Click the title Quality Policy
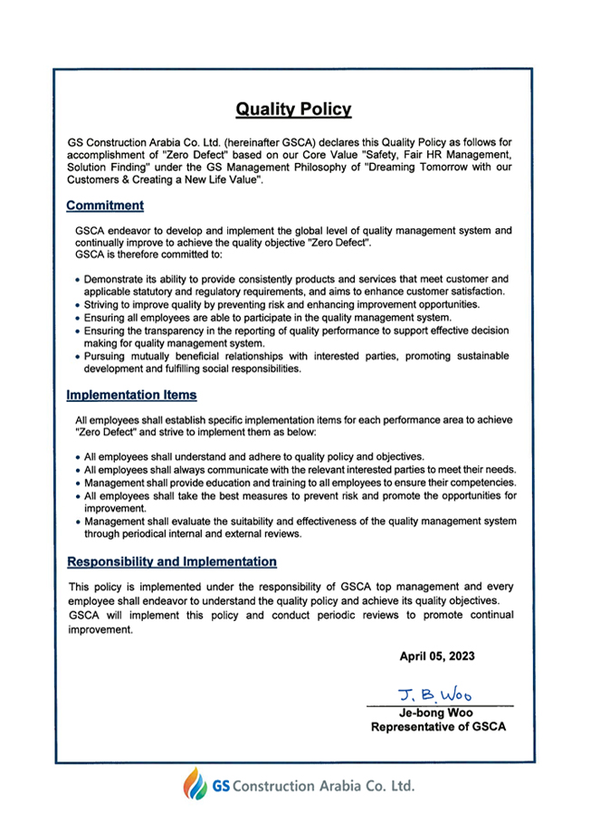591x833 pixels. (x=293, y=110)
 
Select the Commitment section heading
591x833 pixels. (x=105, y=206)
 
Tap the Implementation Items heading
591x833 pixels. (x=131, y=396)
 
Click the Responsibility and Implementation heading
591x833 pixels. (x=172, y=561)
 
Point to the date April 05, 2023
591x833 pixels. (x=437, y=655)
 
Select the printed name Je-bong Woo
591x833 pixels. (x=439, y=713)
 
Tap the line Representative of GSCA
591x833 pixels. (x=439, y=726)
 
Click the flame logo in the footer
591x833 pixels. (x=195, y=783)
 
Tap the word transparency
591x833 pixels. (x=172, y=331)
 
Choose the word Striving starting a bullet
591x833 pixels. (x=103, y=305)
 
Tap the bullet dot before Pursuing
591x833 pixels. (x=78, y=358)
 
